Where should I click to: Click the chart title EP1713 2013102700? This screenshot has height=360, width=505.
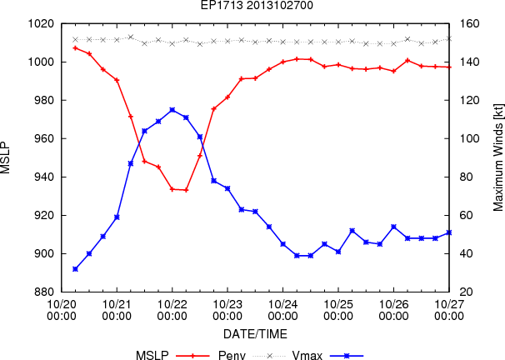coord(257,5)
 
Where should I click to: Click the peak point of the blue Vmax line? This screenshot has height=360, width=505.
coord(172,110)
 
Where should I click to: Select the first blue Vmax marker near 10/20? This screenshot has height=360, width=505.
coord(75,269)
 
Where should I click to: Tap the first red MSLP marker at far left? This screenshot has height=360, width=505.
coord(75,48)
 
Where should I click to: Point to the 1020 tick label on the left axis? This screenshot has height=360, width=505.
coord(41,24)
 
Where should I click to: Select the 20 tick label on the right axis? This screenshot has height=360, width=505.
coord(467,292)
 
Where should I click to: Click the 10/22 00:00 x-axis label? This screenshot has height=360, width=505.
coord(172,310)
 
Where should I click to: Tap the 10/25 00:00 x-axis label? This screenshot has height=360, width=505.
coord(338,310)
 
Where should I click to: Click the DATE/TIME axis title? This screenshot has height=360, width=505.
coord(255,334)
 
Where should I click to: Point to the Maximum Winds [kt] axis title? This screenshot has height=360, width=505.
coord(498,157)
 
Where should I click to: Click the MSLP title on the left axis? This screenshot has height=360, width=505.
coord(6,157)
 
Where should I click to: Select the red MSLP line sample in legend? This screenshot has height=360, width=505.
coord(193,356)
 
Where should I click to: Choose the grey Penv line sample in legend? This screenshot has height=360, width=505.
coord(270,356)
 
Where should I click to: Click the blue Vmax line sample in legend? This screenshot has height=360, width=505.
coord(347,356)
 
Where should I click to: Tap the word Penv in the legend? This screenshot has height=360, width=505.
coord(232,355)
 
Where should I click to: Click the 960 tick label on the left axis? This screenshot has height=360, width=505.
coord(43,139)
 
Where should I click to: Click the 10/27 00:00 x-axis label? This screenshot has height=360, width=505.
coord(449,310)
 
